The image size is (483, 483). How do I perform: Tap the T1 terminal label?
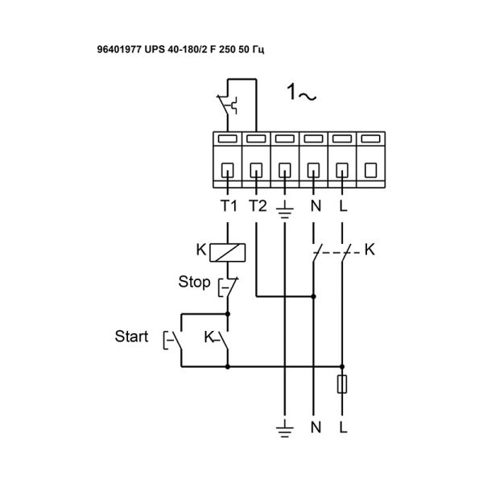click(x=229, y=205)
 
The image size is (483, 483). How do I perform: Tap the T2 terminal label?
click(x=257, y=205)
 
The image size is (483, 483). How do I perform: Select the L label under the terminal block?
click(x=343, y=205)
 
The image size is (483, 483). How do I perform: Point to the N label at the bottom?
click(x=315, y=426)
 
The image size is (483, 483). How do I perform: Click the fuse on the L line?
click(x=343, y=383)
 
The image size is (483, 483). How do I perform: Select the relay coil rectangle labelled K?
click(x=228, y=252)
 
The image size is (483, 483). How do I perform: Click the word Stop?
click(x=194, y=283)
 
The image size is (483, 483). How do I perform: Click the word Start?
click(x=131, y=336)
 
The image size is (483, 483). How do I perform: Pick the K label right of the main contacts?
click(x=369, y=250)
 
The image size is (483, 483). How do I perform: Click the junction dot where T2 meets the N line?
click(x=314, y=296)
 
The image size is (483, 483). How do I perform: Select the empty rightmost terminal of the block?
click(x=370, y=171)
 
